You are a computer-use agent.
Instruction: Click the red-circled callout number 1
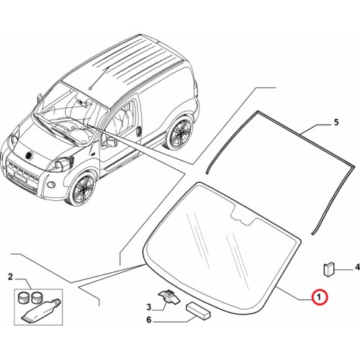tap(319, 297)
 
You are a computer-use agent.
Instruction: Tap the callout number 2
tap(10, 277)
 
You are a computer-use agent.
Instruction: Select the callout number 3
tap(149, 307)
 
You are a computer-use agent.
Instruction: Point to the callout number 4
tap(357, 266)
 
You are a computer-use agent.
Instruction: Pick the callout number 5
tap(336, 122)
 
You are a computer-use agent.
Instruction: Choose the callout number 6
tap(149, 320)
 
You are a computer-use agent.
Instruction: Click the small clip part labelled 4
tap(328, 269)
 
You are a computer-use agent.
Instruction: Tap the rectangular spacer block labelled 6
tap(198, 311)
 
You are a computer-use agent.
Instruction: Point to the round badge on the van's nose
tap(29, 156)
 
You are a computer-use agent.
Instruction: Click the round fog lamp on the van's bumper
tap(50, 184)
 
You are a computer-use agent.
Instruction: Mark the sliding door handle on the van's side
tap(139, 130)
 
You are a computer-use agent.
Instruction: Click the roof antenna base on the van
tap(90, 88)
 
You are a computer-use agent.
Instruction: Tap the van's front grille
tap(22, 171)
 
